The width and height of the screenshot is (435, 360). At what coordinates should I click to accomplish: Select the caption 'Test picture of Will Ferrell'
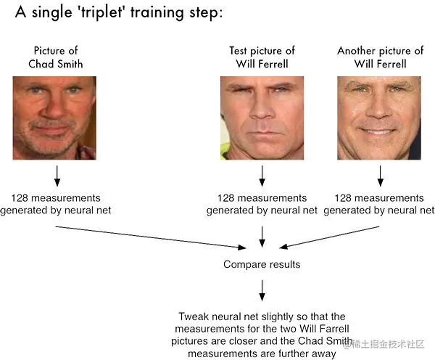262,57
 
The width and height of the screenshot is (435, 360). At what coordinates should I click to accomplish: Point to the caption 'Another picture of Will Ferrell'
380,57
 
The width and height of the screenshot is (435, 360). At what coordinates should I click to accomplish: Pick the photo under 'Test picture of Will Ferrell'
262,118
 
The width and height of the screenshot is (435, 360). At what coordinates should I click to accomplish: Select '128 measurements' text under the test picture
262,197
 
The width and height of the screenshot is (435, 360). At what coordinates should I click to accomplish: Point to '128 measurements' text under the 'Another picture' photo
379,197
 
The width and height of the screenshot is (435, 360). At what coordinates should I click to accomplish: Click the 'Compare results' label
262,265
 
